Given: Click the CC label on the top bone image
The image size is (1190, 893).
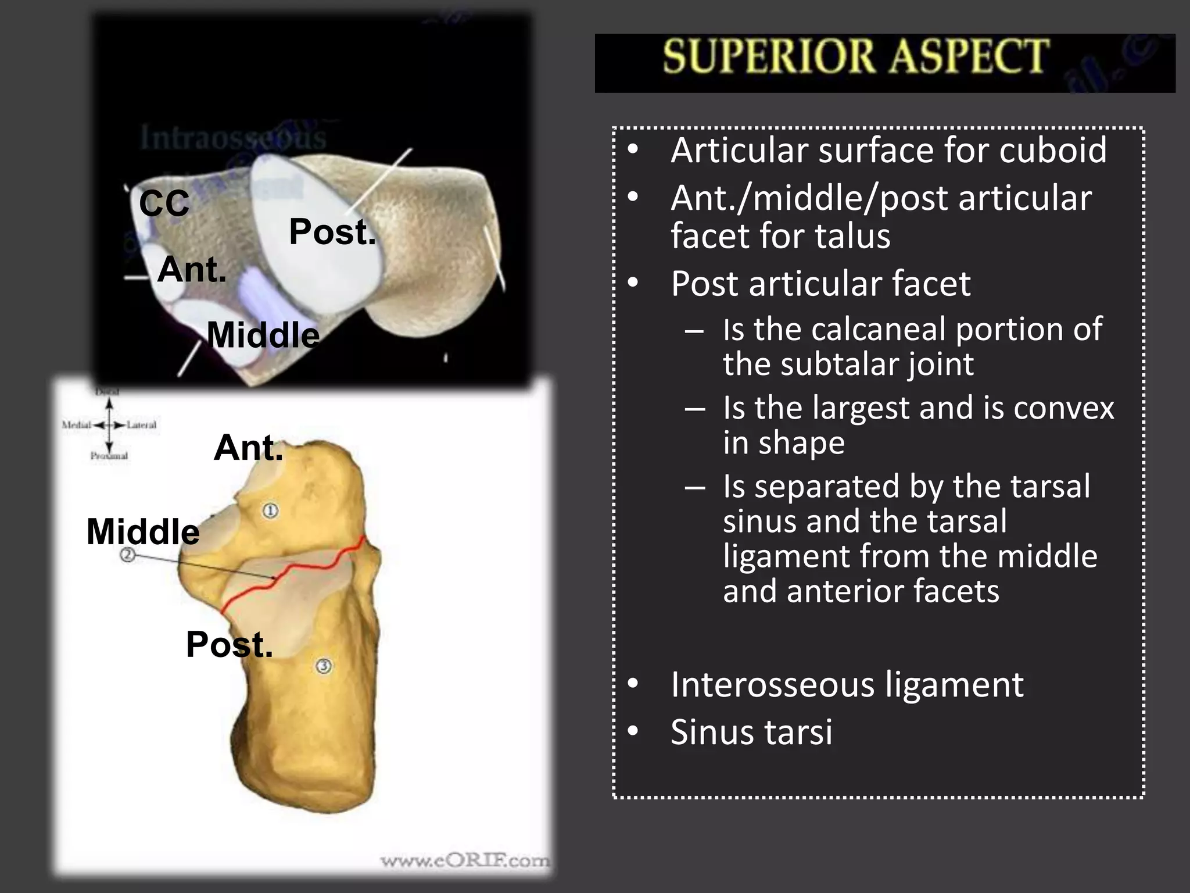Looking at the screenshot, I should click(x=164, y=203).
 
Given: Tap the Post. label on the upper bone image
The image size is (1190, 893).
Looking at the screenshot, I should click(x=332, y=232).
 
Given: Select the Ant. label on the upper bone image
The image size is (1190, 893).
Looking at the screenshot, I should click(x=192, y=270).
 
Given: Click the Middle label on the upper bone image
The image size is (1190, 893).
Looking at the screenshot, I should click(x=263, y=335).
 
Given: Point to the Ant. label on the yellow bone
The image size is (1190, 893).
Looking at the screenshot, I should click(x=248, y=448).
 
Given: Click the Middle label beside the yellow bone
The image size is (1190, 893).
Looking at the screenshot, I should click(x=143, y=531).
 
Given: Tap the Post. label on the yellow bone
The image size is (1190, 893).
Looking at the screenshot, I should click(x=229, y=644).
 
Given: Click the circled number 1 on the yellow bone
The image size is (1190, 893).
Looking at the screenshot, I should click(x=270, y=510).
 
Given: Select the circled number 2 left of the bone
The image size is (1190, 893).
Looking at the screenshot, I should click(x=128, y=555).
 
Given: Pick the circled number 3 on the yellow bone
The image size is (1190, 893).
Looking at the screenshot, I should click(x=324, y=666).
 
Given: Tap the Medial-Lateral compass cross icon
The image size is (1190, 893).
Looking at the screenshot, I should click(x=109, y=425).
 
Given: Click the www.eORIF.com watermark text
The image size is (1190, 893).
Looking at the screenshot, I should click(x=464, y=860).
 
